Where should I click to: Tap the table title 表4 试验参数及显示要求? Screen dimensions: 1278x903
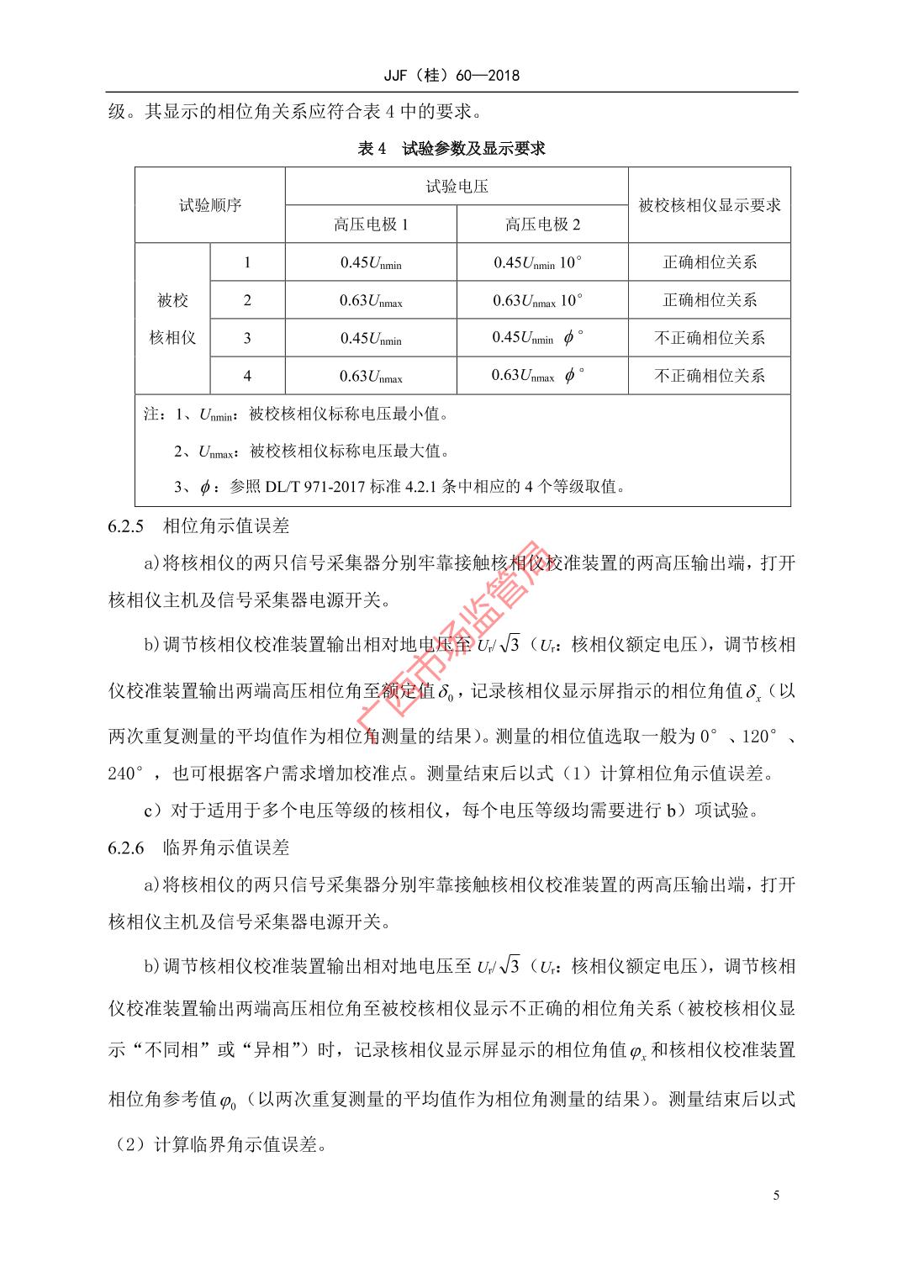click(x=451, y=149)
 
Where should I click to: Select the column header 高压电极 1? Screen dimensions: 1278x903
click(x=371, y=224)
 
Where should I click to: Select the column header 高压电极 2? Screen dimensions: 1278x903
click(x=542, y=224)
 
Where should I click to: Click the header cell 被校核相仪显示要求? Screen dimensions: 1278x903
click(x=710, y=205)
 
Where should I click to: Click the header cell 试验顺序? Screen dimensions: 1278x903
click(x=210, y=205)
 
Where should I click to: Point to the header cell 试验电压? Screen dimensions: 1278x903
click(x=457, y=187)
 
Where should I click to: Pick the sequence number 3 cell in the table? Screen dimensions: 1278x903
click(x=247, y=338)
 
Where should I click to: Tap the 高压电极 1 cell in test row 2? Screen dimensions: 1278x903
click(x=371, y=300)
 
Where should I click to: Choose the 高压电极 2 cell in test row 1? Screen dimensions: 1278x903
click(x=538, y=262)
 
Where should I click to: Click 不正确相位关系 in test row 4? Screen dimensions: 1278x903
click(x=710, y=376)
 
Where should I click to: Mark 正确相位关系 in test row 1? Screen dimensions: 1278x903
click(x=710, y=262)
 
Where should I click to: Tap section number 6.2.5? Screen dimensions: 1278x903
click(x=127, y=526)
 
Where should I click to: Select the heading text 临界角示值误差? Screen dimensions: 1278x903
click(x=226, y=848)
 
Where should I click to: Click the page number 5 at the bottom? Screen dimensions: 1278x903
click(x=776, y=1196)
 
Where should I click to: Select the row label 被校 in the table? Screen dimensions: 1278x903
click(x=172, y=300)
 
